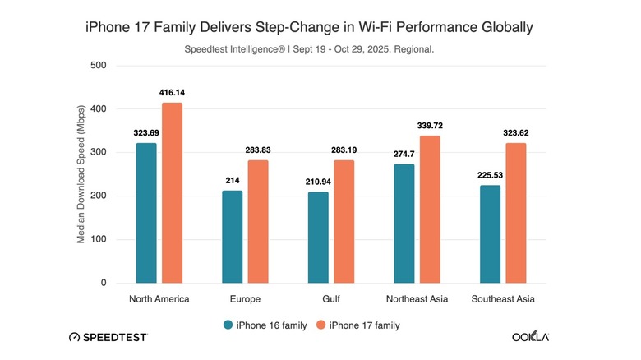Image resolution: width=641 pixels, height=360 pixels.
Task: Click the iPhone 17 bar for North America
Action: click(x=172, y=193)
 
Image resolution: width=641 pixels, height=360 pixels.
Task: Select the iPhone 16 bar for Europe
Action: click(x=232, y=237)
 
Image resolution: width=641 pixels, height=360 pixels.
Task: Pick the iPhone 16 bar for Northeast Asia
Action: click(x=404, y=224)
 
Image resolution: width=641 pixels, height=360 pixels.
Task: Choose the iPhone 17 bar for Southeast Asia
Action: click(x=516, y=213)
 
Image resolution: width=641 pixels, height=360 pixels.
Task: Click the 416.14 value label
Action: click(x=172, y=93)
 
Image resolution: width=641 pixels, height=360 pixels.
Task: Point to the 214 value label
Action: click(x=232, y=181)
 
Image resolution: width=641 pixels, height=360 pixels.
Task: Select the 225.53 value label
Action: click(x=490, y=175)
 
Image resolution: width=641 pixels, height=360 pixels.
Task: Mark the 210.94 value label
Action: click(x=317, y=182)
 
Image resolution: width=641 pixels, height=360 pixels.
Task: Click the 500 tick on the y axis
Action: click(x=97, y=65)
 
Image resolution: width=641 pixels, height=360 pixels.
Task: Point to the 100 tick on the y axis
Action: click(x=97, y=239)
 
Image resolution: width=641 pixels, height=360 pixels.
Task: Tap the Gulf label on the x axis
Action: click(x=331, y=298)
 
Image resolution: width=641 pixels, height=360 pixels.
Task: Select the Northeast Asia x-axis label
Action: click(x=417, y=298)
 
